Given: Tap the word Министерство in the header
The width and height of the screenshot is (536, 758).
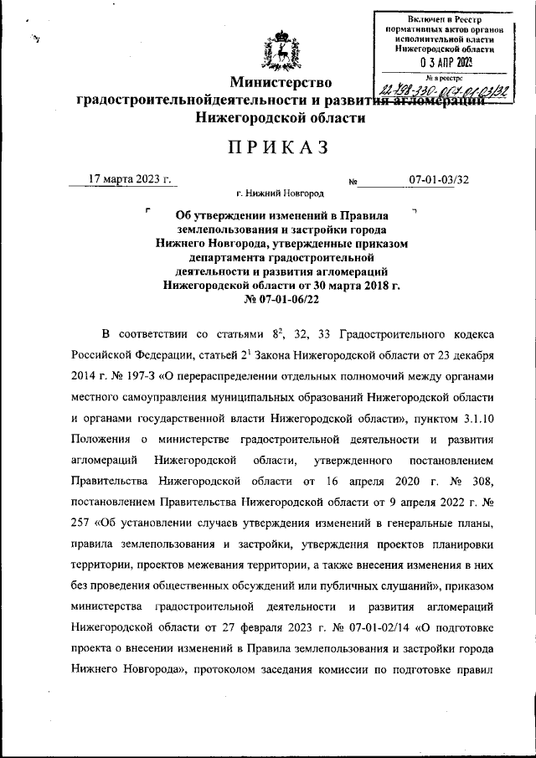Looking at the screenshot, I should pos(281,83).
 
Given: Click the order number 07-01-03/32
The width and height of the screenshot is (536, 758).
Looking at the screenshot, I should pos(439,179).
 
